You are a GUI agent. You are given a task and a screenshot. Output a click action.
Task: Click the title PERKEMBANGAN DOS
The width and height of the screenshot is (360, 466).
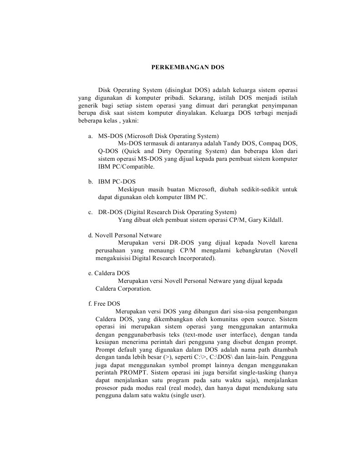pyautogui.click(x=188, y=67)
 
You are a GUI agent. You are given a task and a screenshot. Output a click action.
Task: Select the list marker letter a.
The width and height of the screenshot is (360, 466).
pyautogui.click(x=90, y=136)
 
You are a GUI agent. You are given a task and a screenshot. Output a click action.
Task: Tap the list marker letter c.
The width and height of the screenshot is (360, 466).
pyautogui.click(x=90, y=212)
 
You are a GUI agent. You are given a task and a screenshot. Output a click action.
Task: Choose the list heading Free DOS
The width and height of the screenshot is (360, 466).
pyautogui.click(x=107, y=303)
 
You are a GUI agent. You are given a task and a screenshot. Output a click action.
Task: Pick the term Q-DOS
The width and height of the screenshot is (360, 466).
pyautogui.click(x=108, y=151)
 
